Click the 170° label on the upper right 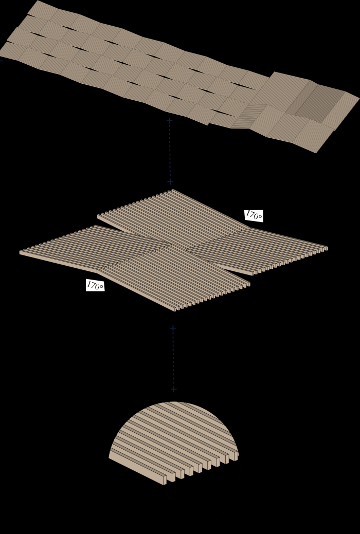click(254, 215)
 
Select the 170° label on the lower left click(95, 285)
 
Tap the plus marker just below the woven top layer click(169, 121)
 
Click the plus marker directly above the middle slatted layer click(170, 181)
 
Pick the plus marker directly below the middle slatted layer click(173, 328)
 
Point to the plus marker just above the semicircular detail click(173, 389)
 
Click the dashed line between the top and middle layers click(170, 151)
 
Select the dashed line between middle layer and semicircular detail click(173, 359)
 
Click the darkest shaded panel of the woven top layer click(320, 103)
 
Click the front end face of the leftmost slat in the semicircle click(165, 480)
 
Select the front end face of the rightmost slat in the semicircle click(236, 456)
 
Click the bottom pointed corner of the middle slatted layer click(175, 311)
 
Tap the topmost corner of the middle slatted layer click(172, 190)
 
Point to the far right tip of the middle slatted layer click(327, 248)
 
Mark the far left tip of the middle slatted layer click(20, 252)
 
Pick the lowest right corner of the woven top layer click(316, 153)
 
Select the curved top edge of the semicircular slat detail click(174, 402)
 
